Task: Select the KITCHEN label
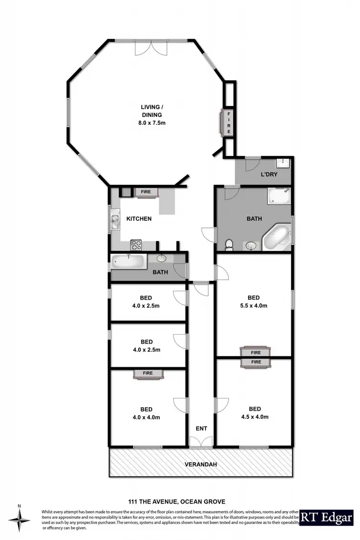pos(139,219)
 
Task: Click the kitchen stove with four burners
pos(136,245)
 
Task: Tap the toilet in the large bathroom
pos(229,244)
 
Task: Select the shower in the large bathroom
pos(279,196)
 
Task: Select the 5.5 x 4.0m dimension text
pos(253,305)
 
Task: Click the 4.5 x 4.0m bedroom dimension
pos(253,417)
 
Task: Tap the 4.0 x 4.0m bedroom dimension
pos(146,417)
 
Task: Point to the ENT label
pos(201,428)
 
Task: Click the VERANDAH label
pos(200,465)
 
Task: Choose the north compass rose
pos(19,521)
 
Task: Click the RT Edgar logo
pos(326,519)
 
